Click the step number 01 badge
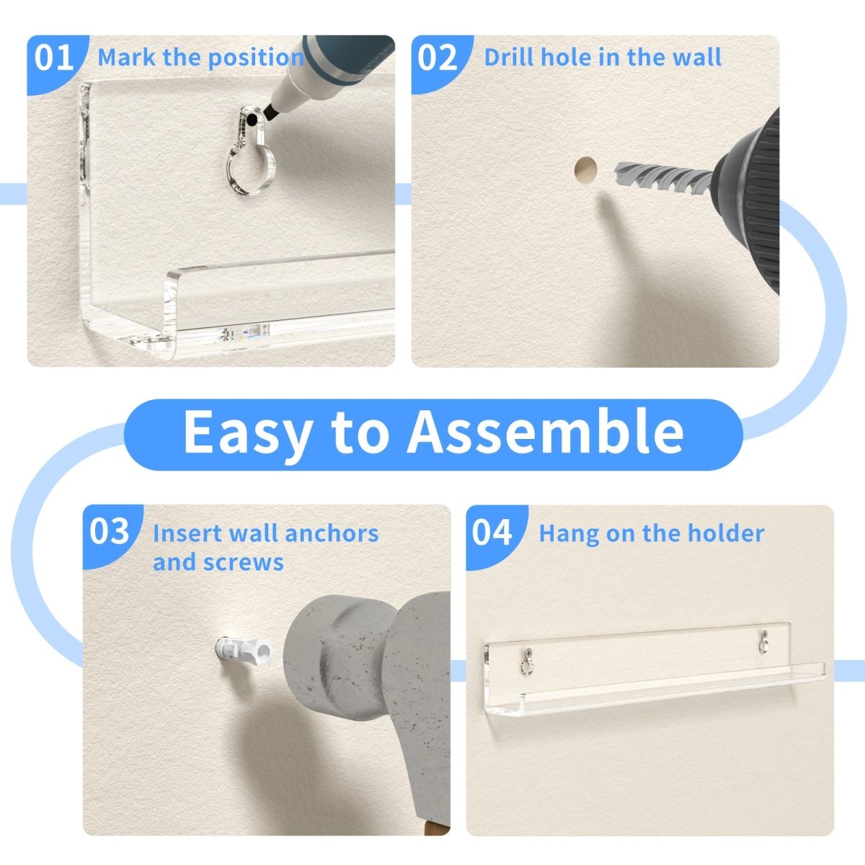tap(54, 58)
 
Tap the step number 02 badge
tap(438, 58)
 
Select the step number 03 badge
tap(110, 533)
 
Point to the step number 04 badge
tap(492, 533)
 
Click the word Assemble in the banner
tap(546, 431)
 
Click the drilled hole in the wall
tap(586, 171)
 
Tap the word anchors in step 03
tap(332, 533)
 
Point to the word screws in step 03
tap(244, 563)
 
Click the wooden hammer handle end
tap(438, 826)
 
